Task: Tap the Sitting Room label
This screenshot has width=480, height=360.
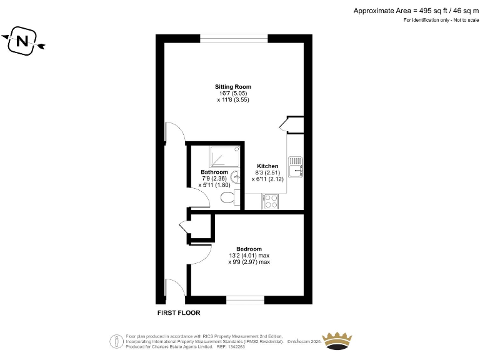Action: click(x=233, y=86)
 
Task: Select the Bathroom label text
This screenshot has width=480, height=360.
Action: click(x=214, y=172)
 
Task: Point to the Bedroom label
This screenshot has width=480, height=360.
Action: click(x=249, y=249)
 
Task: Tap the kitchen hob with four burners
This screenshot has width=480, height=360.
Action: click(x=271, y=201)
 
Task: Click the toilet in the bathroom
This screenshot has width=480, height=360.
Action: click(x=229, y=197)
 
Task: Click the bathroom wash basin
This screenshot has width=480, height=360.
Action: click(x=236, y=177)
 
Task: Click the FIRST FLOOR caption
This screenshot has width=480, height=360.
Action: click(x=179, y=312)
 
